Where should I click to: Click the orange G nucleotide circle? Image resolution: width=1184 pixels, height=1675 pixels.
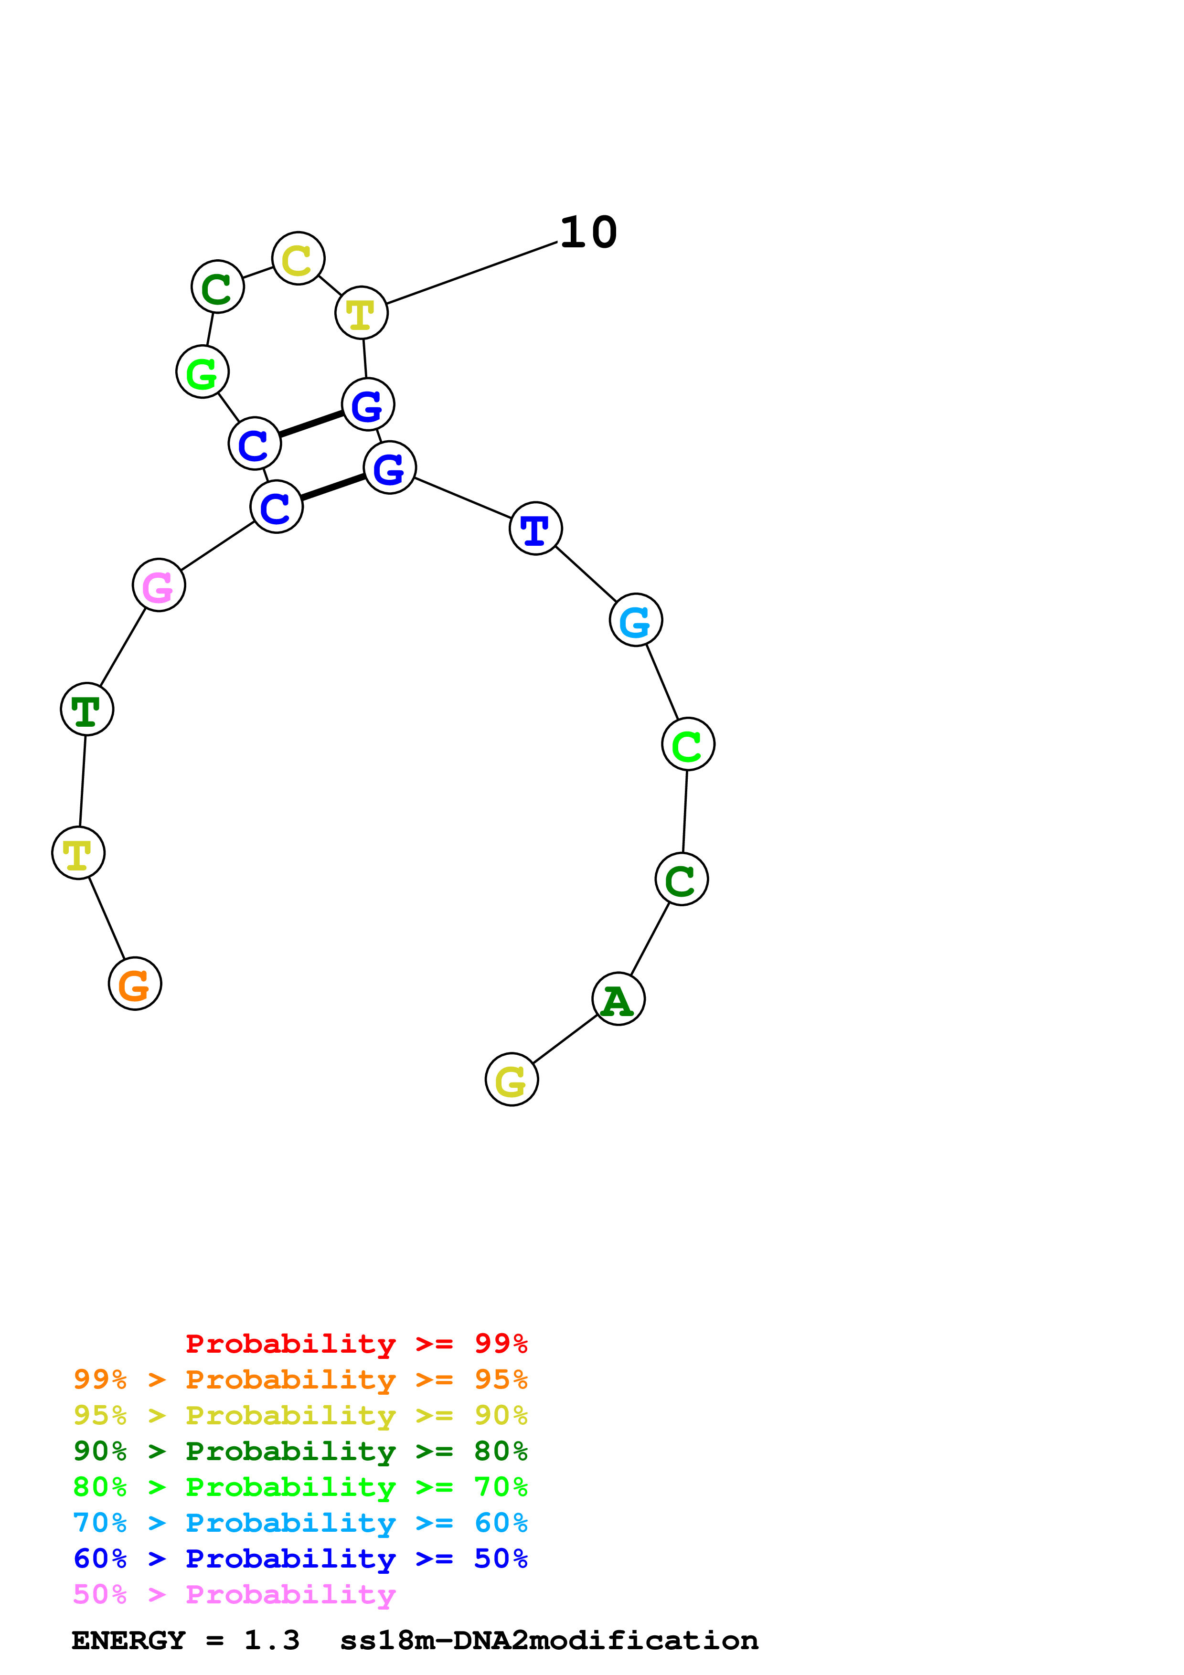click(135, 984)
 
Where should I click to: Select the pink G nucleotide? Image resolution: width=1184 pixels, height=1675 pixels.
click(159, 585)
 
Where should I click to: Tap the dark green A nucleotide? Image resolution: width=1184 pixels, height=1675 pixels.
click(619, 999)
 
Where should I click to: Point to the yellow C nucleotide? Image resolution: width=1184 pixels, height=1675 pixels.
click(299, 258)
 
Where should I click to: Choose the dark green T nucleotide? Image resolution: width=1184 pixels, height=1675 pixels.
click(87, 709)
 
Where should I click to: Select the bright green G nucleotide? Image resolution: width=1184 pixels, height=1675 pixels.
click(203, 372)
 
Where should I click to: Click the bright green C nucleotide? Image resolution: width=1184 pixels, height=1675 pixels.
click(688, 744)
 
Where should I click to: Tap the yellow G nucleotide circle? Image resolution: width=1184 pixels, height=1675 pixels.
click(512, 1080)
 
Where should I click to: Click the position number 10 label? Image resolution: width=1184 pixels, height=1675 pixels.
click(588, 233)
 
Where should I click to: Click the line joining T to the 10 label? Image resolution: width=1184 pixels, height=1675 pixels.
click(472, 273)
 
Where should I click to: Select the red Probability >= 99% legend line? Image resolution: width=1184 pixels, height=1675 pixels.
click(356, 1344)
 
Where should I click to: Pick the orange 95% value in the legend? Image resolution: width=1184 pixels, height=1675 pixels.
click(501, 1379)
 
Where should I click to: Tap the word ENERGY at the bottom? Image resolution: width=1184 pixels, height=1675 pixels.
click(128, 1641)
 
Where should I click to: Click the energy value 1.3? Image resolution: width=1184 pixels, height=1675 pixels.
click(271, 1641)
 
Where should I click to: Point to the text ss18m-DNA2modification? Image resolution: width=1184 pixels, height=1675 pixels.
click(549, 1641)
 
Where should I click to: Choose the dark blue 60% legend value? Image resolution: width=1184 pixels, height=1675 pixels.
click(100, 1559)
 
